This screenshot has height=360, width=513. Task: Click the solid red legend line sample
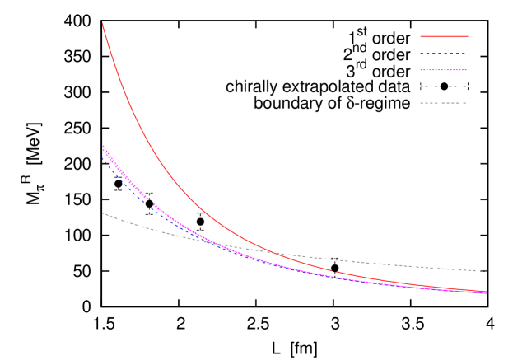(x=444, y=36)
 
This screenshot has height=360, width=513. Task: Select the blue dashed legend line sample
(x=443, y=54)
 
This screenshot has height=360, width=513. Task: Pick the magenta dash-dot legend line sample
(x=443, y=70)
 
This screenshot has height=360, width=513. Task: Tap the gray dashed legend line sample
(x=443, y=103)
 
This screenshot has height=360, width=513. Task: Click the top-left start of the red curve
(x=102, y=24)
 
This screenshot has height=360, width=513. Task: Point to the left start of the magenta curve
(x=102, y=146)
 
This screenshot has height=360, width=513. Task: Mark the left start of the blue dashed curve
(x=103, y=157)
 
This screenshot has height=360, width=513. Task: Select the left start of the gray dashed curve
(x=102, y=213)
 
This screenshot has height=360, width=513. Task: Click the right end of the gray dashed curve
(x=487, y=271)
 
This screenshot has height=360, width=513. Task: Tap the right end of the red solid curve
(x=487, y=292)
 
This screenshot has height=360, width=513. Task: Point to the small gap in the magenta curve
(x=151, y=201)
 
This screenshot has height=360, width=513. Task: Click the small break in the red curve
(x=333, y=270)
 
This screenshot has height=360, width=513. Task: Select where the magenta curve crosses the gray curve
(x=215, y=243)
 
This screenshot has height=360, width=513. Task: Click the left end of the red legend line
(x=421, y=36)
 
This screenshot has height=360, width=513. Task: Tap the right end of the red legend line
(x=468, y=36)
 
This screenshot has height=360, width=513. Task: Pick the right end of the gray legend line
(x=466, y=103)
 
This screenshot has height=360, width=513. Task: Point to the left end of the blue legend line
(x=421, y=54)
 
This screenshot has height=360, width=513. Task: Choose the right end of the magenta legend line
(x=466, y=70)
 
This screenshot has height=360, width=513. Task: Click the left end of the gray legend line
(x=421, y=103)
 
